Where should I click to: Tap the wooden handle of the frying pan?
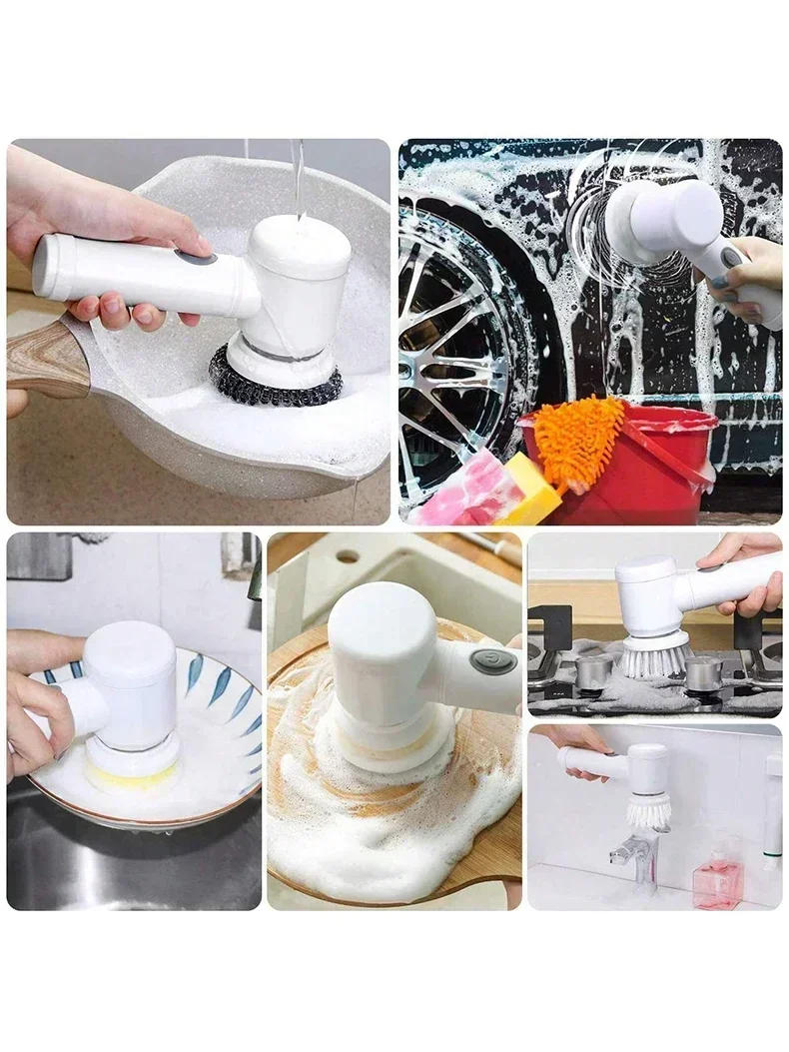(45, 357)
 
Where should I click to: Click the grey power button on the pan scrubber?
(197, 258)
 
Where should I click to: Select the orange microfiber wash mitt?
(578, 440)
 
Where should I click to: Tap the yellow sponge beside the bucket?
(530, 491)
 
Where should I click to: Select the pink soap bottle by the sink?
(717, 879)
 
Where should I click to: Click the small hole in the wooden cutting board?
(348, 556)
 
